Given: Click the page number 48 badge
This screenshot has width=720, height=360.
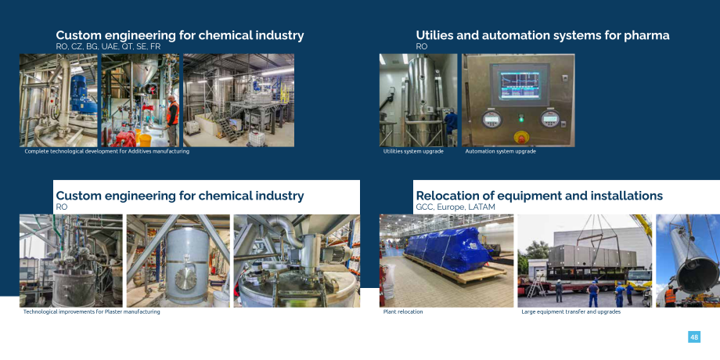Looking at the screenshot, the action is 694,337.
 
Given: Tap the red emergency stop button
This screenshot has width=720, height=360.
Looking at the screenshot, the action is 520,137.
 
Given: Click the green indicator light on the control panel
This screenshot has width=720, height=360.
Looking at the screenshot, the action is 521,120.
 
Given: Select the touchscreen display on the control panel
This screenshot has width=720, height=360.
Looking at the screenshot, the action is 520,85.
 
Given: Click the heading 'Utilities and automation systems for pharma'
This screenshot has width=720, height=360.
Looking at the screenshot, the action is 542,35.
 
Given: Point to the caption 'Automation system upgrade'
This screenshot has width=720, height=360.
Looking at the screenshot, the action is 500,151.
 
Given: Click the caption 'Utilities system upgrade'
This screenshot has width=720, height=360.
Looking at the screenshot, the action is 413,151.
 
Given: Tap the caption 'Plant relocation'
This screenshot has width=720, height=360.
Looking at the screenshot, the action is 403,311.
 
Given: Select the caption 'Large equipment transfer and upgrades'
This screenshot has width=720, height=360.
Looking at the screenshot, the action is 571,311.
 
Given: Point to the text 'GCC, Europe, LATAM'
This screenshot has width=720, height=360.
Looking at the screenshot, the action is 455,207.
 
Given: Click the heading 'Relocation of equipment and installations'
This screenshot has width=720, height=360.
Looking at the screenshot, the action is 539,196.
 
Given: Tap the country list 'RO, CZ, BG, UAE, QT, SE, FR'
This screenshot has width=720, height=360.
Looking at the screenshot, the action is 108,46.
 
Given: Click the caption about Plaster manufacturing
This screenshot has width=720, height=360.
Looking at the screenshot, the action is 92,311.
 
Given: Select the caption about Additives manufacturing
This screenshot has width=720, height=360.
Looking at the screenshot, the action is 106,151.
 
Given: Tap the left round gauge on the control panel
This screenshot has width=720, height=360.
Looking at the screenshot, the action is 491,120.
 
